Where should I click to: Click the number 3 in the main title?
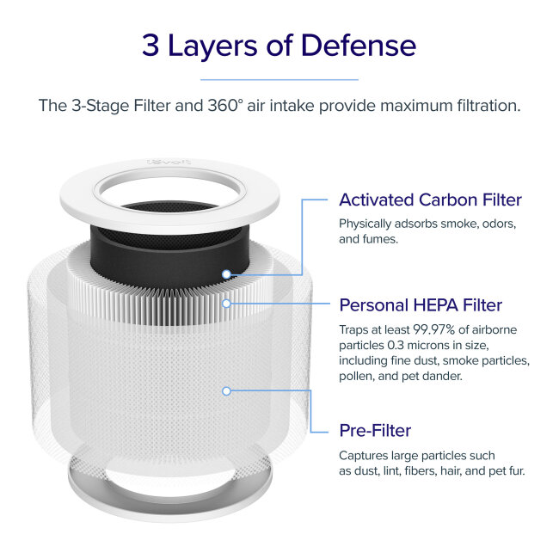pos(151,46)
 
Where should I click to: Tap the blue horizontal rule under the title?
pos(279,79)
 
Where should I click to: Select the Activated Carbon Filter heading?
pos(430,200)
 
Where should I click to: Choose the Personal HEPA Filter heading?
pos(421,305)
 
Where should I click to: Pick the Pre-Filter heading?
pos(375,429)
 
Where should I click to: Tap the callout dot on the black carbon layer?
pos(226,274)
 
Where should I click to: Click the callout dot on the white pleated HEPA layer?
pos(226,303)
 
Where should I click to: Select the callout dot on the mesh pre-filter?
pos(226,390)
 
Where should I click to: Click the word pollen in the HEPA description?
pos(358,376)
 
